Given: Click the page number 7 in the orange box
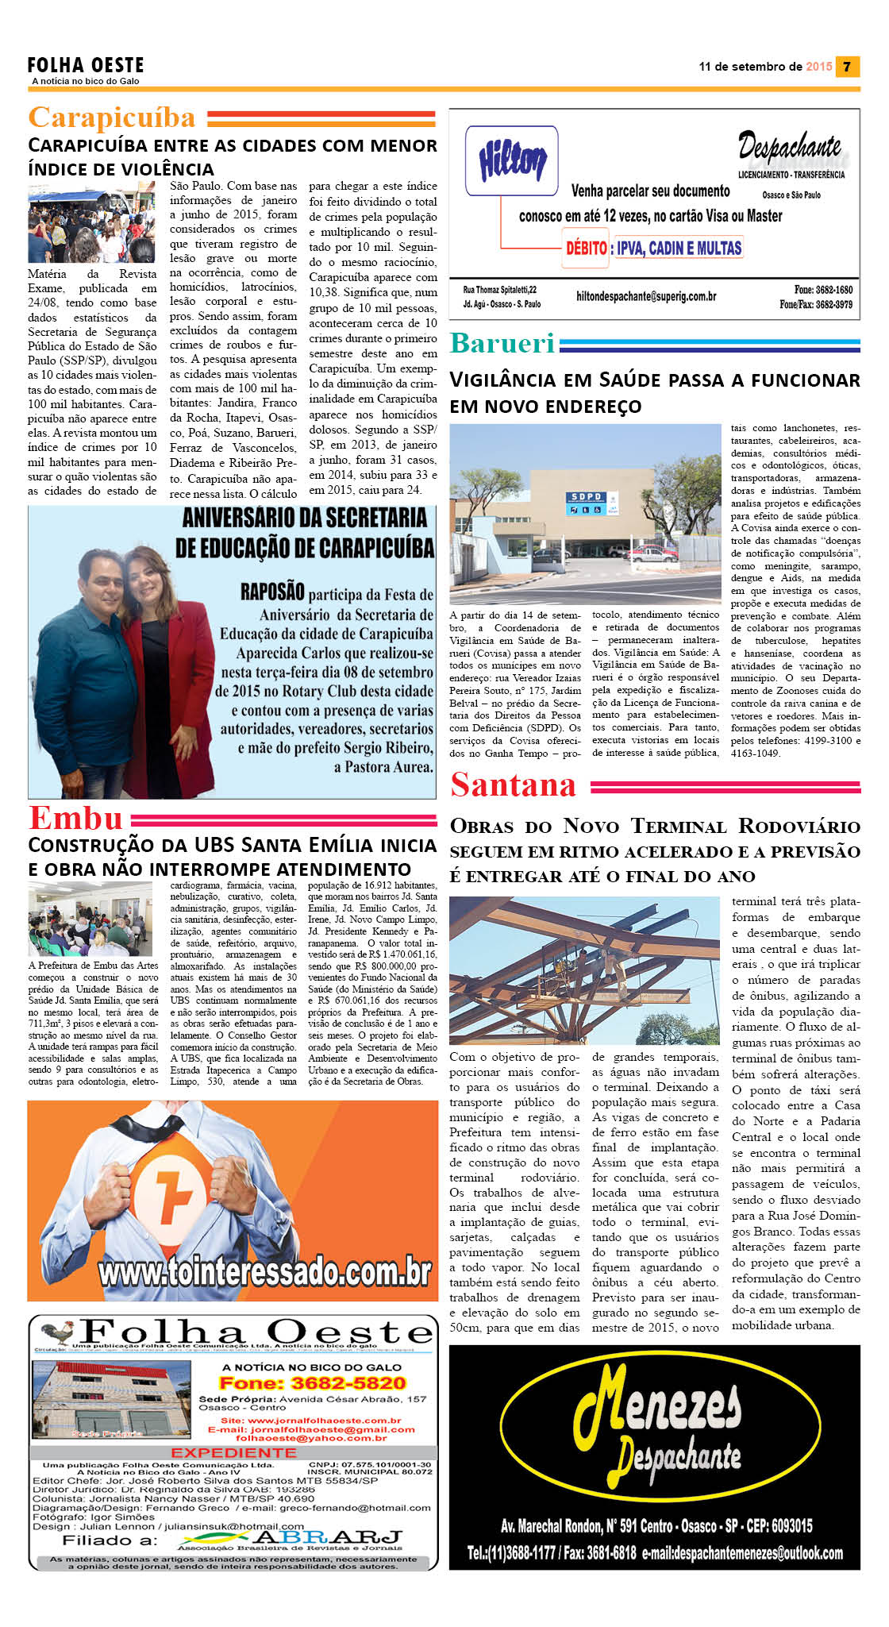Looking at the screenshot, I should coord(848,67).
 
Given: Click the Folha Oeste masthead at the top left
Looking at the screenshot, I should coord(86,65).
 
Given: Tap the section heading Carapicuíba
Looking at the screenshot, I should coord(112,118).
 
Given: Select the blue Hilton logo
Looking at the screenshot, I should coord(512,161).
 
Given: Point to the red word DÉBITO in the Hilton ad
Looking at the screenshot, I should coord(586,248).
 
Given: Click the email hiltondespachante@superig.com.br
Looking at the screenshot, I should coord(646,296).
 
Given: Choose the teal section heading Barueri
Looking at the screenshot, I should coord(502,343).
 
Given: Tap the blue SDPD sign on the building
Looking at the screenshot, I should coord(587,497).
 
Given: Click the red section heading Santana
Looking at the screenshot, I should coord(513,785).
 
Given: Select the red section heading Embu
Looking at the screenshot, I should coord(76,818).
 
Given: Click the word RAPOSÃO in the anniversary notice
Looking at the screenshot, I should coord(272,592).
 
